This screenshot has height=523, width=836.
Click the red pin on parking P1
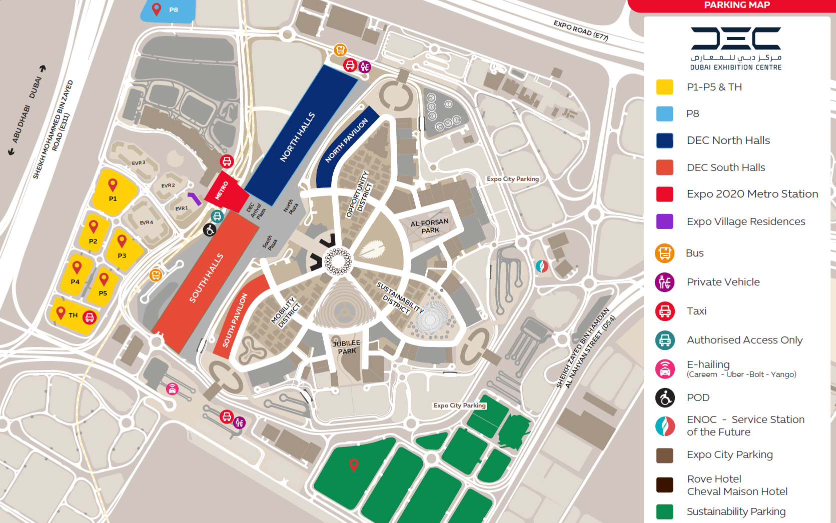click(113, 185)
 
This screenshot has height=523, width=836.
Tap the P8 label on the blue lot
click(174, 9)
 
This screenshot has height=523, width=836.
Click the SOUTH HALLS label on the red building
click(206, 278)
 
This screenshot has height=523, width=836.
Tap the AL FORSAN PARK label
click(430, 226)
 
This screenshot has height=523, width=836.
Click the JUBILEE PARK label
click(346, 347)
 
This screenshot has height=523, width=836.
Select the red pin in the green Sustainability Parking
click(354, 464)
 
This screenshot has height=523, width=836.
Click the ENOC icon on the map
click(542, 266)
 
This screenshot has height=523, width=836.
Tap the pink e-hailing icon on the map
click(172, 389)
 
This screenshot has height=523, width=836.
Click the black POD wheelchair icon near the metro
click(210, 230)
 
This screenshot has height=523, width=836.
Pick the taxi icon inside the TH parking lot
click(90, 317)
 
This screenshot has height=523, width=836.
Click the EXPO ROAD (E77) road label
click(580, 30)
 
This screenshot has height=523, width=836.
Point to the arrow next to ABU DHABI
click(11, 151)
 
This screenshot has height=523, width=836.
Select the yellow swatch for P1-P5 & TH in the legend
click(664, 87)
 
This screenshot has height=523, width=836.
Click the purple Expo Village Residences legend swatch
click(664, 221)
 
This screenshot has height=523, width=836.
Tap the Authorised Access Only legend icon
click(665, 340)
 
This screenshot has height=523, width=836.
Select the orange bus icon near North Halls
click(340, 50)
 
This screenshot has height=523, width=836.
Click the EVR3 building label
click(139, 163)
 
